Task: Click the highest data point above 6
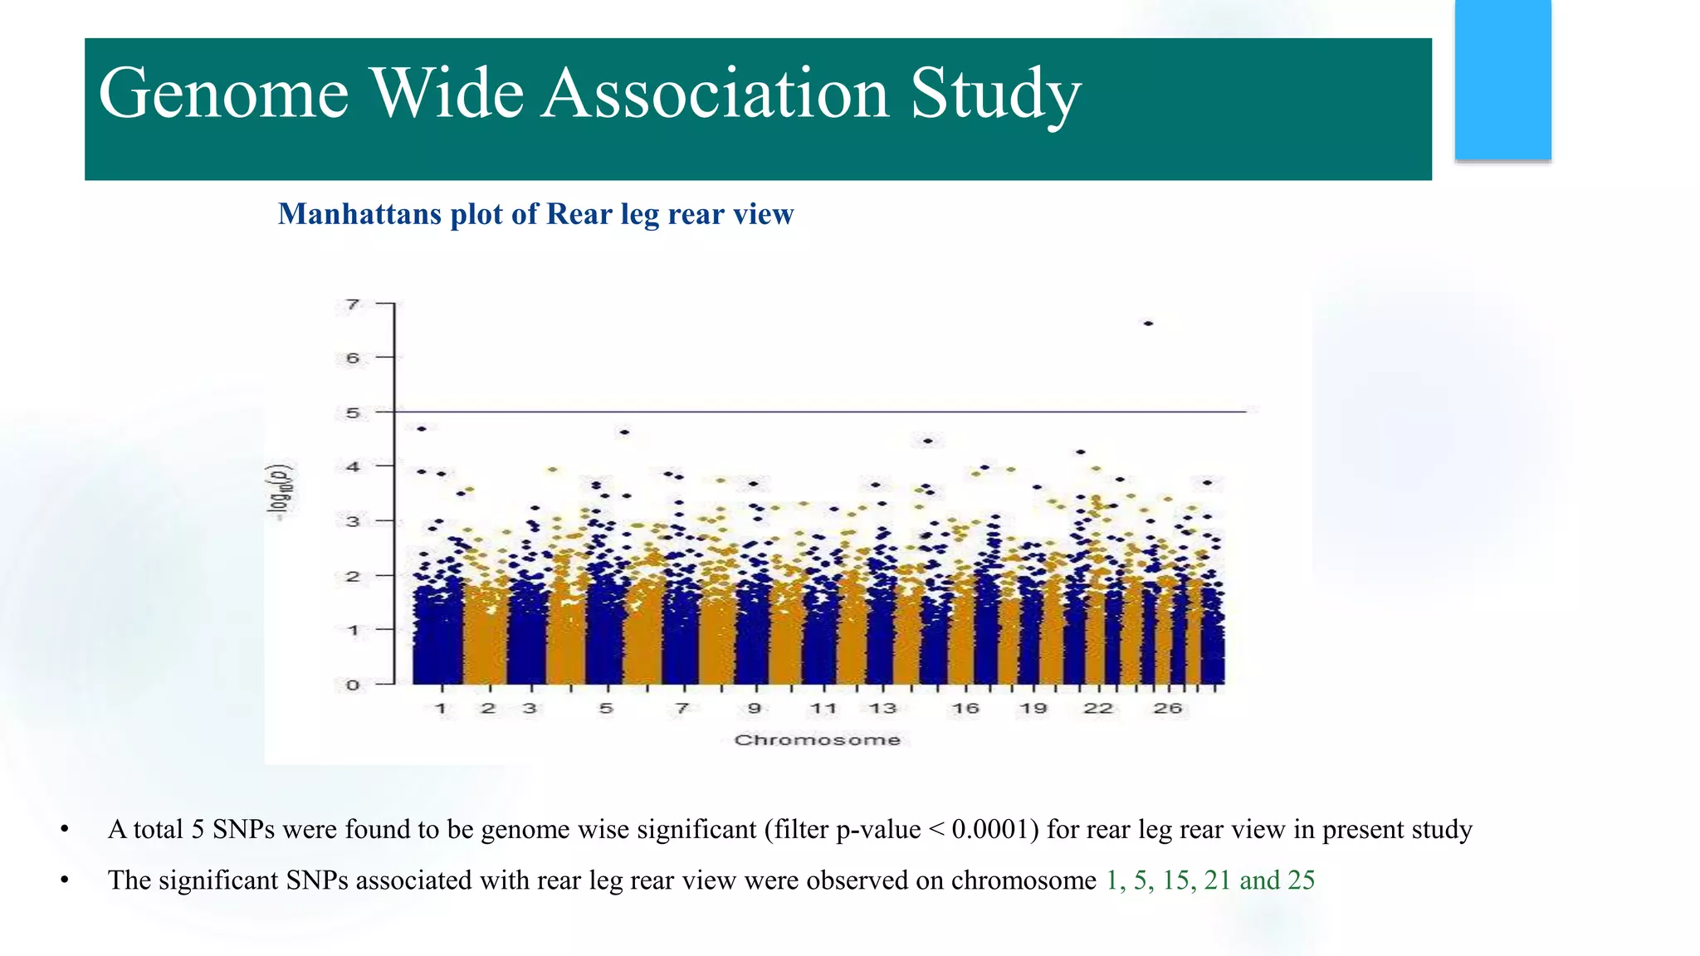pos(1148,323)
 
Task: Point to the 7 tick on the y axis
pos(354,305)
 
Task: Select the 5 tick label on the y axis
pos(354,412)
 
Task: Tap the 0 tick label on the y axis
pos(354,685)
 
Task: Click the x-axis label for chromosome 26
pos(1167,708)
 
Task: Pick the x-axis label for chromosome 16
pos(965,708)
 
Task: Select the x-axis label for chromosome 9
pos(754,708)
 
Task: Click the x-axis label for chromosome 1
pos(441,708)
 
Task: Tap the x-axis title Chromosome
pos(817,739)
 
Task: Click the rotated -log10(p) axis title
pos(283,491)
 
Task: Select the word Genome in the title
pos(223,93)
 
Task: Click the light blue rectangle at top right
pos(1502,80)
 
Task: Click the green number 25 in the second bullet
pos(1301,880)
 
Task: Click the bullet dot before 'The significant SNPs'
pos(65,880)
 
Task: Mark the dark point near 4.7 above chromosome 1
pos(422,428)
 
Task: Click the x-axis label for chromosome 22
pos(1097,708)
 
